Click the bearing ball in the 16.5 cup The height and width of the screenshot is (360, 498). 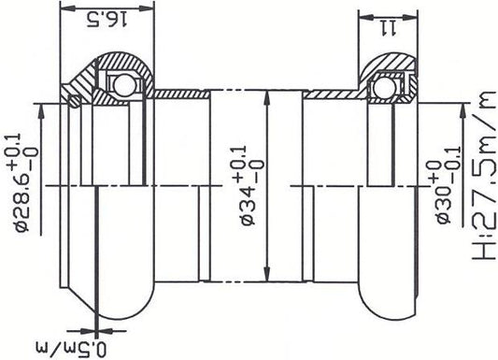[x=119, y=86]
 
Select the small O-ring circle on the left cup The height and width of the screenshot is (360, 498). [x=67, y=96]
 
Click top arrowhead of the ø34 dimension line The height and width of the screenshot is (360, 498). [x=269, y=96]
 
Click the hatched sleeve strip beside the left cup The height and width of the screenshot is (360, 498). [x=181, y=94]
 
